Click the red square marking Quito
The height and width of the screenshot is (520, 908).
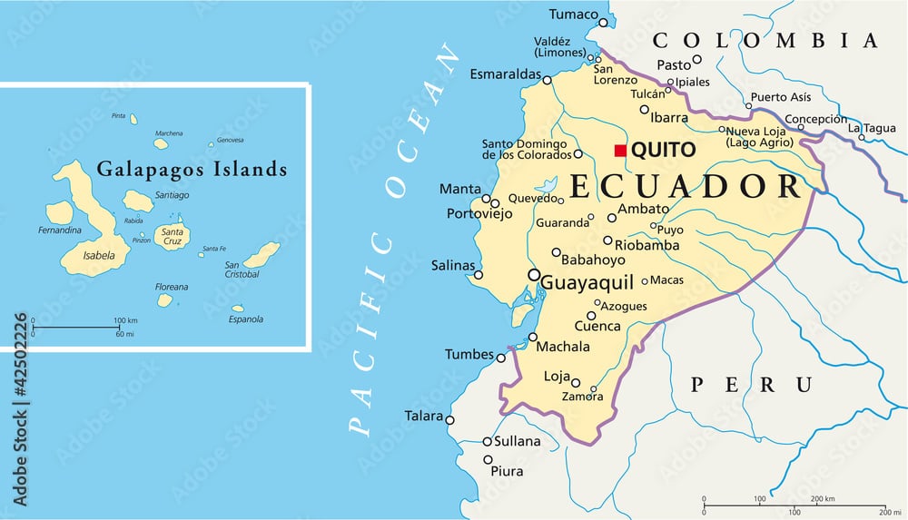click(620, 150)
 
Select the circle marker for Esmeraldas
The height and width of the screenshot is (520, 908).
click(547, 80)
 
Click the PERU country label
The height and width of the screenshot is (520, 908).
click(751, 384)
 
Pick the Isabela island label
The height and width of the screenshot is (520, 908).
click(99, 256)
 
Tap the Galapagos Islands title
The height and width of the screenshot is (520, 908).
click(192, 169)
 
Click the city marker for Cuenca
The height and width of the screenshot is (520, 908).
click(591, 316)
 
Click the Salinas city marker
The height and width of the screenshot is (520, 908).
click(479, 275)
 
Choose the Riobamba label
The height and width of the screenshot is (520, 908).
click(646, 245)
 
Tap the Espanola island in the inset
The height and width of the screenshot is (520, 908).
click(238, 309)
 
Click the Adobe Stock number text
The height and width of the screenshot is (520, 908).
click(21, 409)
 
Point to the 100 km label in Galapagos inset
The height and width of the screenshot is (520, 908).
click(125, 320)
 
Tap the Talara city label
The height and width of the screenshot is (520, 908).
click(424, 417)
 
